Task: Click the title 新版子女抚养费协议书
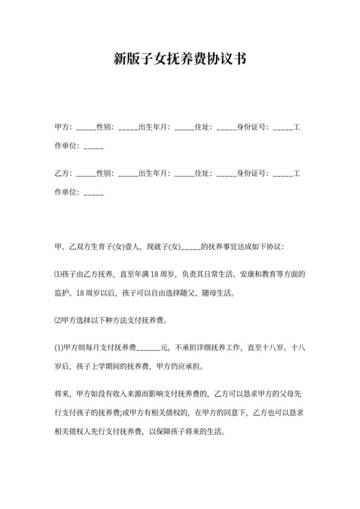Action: click(x=179, y=60)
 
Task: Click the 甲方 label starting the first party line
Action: click(x=64, y=127)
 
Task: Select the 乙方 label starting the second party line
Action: click(x=64, y=174)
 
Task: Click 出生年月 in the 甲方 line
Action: click(x=154, y=127)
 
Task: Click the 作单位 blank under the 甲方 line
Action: click(x=93, y=147)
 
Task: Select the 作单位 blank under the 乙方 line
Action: click(x=93, y=193)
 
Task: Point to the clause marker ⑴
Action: click(x=59, y=274)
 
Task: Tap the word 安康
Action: click(x=224, y=274)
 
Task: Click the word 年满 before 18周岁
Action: click(x=141, y=274)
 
